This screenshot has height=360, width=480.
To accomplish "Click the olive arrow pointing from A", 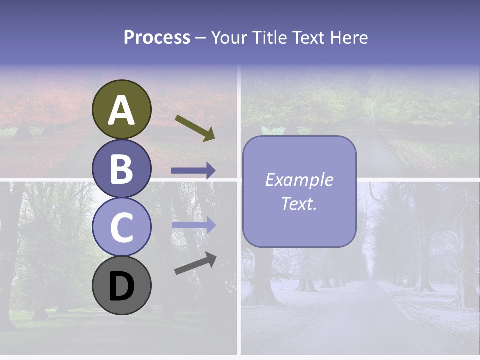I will coord(195,128).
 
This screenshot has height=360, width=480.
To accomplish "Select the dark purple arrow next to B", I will coord(193,171).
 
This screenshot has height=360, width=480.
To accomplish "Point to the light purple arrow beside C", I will coord(193,225).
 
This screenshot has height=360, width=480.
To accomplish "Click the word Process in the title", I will coord(157,38).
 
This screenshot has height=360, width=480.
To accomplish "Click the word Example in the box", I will coord(299,180).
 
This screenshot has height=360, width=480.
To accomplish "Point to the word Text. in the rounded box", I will coord(299,203).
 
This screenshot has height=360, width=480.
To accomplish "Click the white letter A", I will coord(121,110).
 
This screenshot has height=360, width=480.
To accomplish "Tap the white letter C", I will coord(121,228).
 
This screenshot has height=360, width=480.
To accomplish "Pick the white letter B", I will coord(121,169).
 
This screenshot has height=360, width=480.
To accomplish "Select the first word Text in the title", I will coord(308,38).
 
